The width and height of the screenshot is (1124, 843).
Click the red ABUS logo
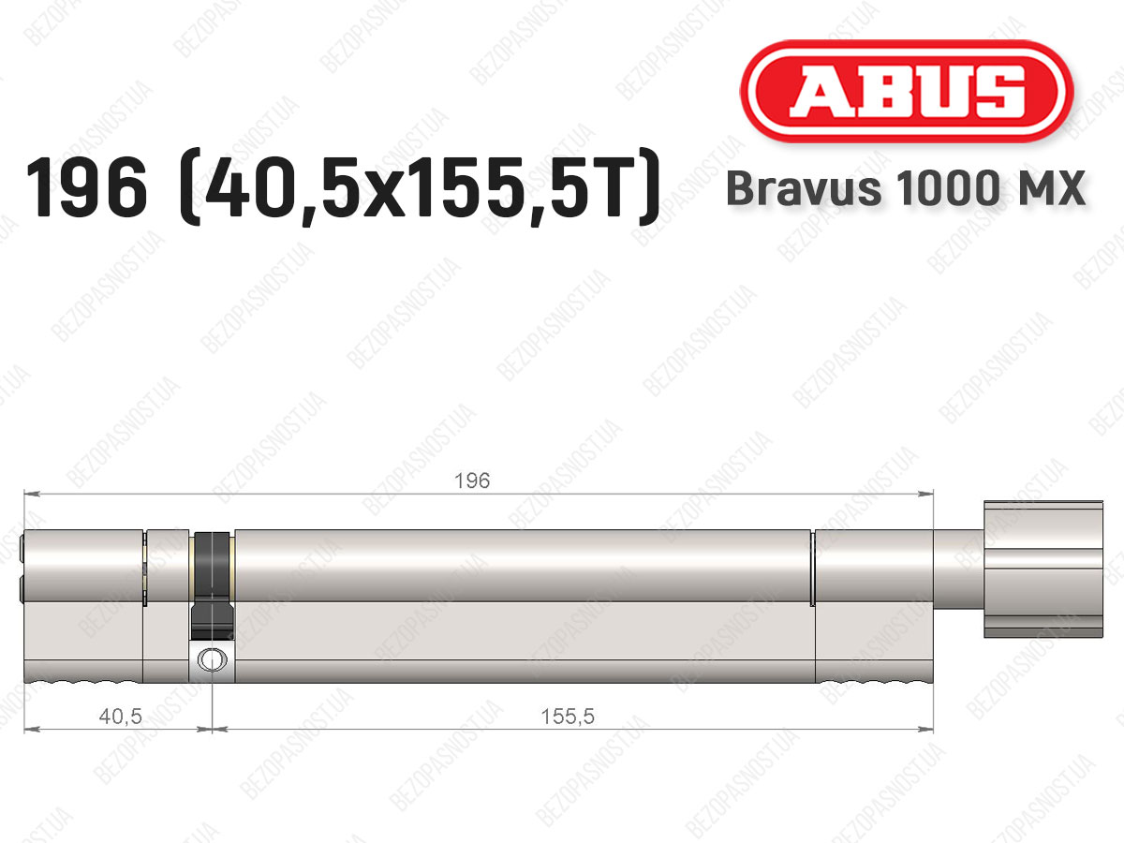[x=907, y=91]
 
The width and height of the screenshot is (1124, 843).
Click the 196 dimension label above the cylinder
[x=472, y=481]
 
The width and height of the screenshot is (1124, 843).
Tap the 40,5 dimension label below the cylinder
[x=120, y=717]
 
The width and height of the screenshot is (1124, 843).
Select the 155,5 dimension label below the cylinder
[x=568, y=717]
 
